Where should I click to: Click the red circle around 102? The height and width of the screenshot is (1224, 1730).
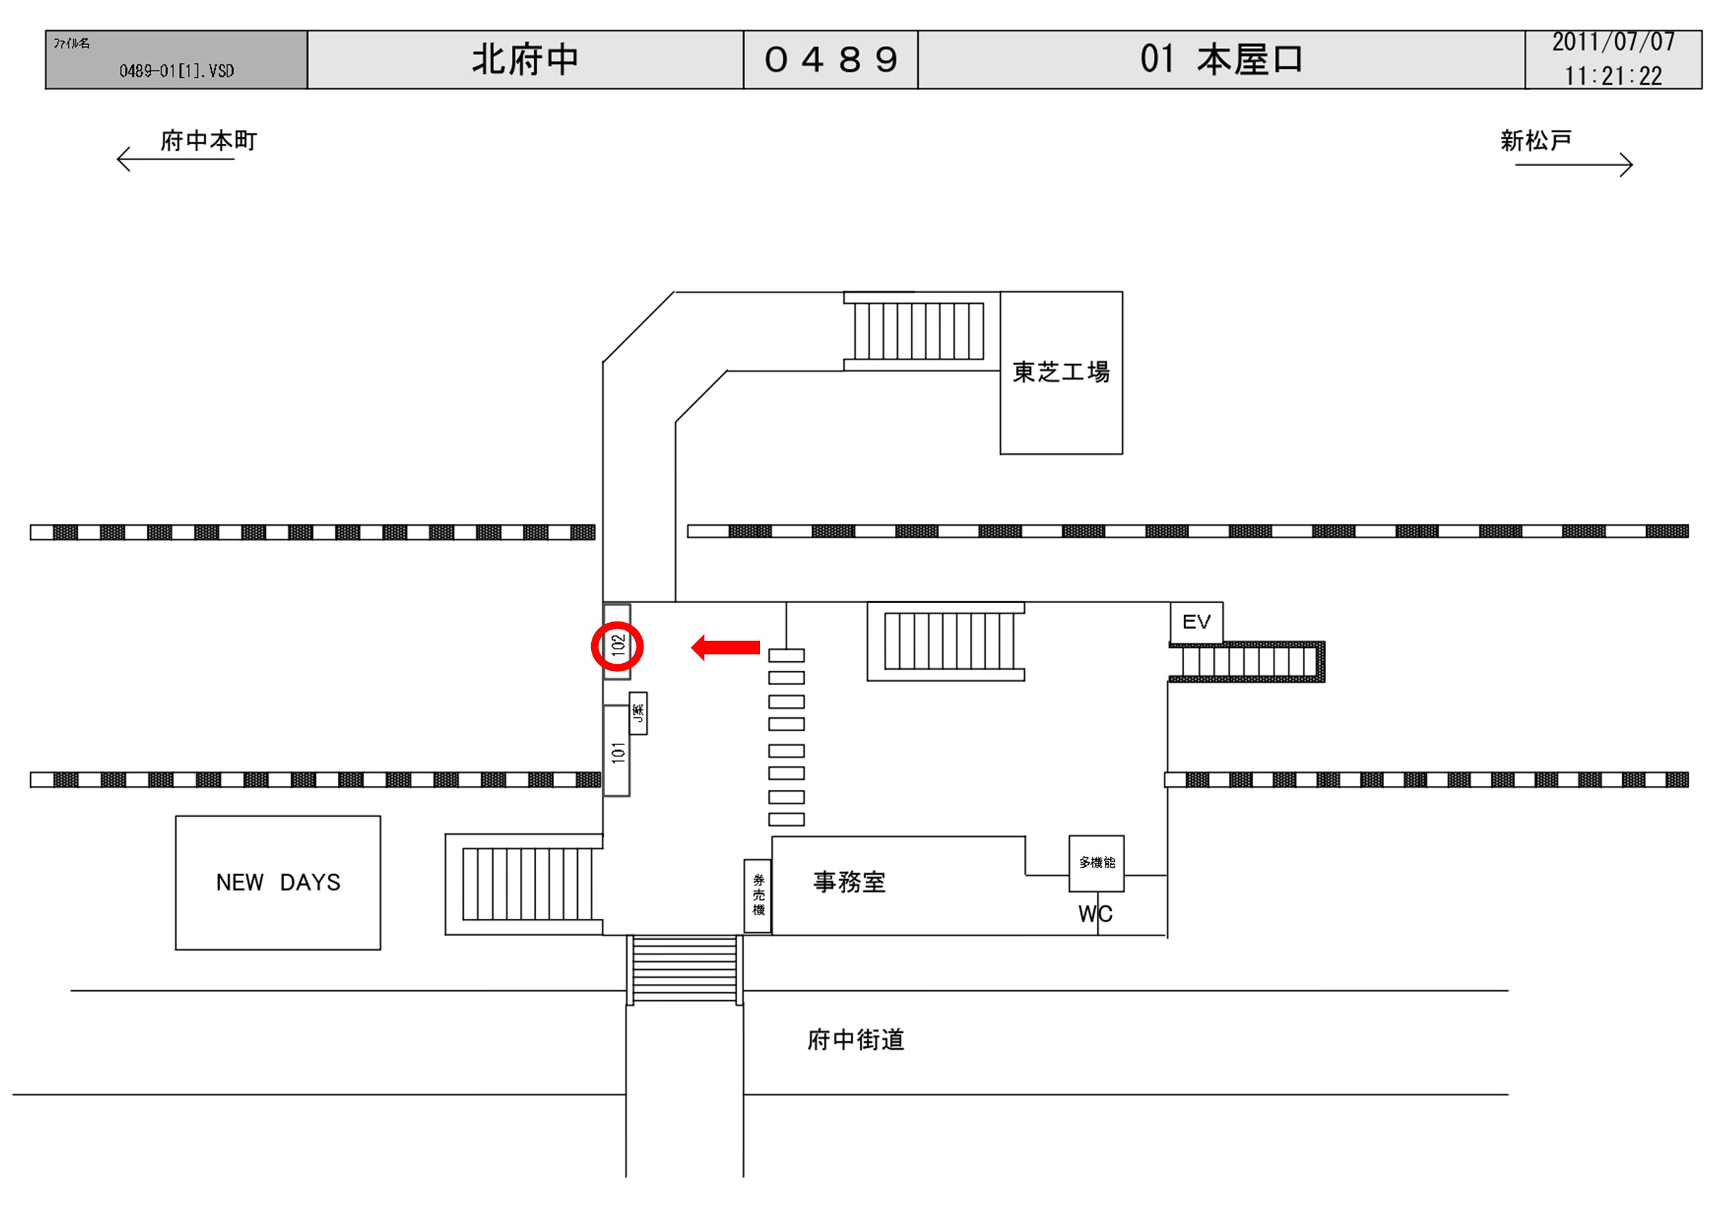coord(616,646)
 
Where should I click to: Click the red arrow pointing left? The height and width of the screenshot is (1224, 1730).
coord(725,647)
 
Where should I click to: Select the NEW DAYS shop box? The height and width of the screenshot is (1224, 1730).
coord(277,882)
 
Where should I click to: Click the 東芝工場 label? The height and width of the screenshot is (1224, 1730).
coord(1060,372)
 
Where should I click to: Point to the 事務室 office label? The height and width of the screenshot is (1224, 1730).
coord(849,882)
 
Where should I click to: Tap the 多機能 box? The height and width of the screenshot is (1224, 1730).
coord(1097,863)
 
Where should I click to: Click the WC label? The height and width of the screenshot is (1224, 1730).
coord(1095,915)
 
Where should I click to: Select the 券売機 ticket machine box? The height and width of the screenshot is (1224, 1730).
coord(758,896)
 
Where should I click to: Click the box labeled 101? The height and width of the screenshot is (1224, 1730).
coord(617,751)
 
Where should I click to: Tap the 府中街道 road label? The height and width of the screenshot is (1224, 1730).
coord(855,1040)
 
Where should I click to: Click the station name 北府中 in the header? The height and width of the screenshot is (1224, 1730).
coord(525,59)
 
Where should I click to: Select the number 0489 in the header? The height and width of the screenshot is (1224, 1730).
coord(831,59)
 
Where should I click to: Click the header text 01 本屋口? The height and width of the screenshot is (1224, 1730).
coord(1221,59)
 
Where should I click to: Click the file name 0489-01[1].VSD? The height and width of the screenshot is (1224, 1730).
coord(176,71)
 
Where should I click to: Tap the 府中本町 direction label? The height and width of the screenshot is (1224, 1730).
coord(208,141)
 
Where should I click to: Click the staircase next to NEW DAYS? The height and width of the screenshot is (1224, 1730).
coord(526,884)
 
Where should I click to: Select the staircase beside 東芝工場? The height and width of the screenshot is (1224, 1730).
coord(918,331)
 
